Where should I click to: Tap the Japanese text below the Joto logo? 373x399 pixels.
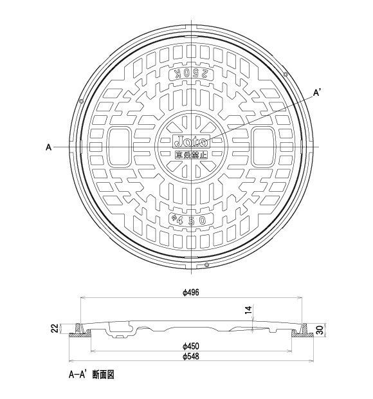coord(190,154)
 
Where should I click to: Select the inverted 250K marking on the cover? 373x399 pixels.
coord(191,74)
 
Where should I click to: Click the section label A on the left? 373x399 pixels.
coord(48,147)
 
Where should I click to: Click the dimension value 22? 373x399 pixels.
coord(55,329)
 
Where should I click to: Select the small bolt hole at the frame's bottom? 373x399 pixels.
coord(206,265)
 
